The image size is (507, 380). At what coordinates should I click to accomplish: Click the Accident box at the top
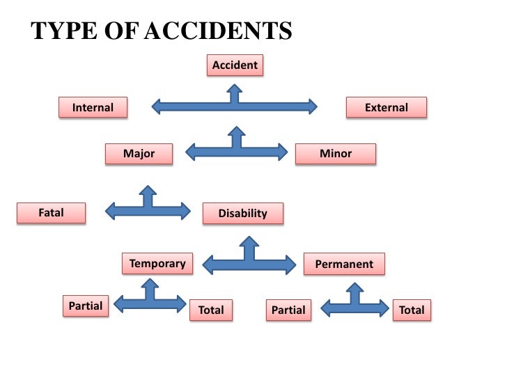[235, 65]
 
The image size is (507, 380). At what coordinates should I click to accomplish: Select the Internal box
[93, 108]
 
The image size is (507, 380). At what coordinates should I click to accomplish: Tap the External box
[387, 108]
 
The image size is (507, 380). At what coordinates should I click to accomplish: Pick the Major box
[139, 154]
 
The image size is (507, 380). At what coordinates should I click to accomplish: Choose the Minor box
[336, 154]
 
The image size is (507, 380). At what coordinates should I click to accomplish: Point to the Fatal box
[51, 213]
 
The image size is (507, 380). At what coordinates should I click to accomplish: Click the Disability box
[242, 214]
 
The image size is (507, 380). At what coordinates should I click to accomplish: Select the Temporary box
[157, 264]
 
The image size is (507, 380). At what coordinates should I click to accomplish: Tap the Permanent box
[344, 264]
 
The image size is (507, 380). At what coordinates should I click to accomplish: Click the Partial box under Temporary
[86, 306]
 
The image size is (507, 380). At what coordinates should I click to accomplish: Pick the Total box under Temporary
[211, 310]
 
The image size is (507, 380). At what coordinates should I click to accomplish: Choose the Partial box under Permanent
[288, 310]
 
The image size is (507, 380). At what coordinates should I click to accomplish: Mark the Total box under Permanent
[412, 310]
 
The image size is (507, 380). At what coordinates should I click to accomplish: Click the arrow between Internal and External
[234, 106]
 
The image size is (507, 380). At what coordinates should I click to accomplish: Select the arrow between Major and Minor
[237, 149]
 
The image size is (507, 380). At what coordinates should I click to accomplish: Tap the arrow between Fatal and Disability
[147, 208]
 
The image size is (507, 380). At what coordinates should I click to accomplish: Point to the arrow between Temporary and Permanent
[249, 262]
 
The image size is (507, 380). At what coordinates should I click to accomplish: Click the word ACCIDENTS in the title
[217, 31]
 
